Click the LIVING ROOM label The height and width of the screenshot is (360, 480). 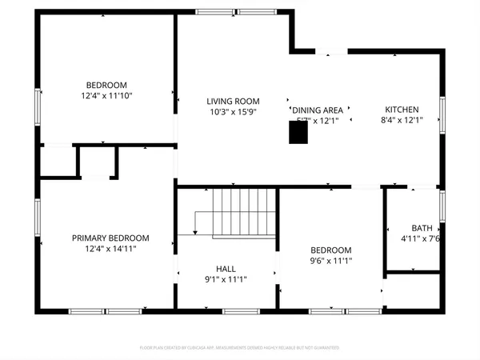234,101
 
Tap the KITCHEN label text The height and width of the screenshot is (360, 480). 401,110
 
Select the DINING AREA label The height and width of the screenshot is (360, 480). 318,110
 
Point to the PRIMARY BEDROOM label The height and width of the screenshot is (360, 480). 110,238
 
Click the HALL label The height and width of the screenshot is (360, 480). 226,269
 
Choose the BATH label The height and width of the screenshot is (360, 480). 422,227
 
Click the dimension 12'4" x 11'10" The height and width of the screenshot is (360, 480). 107,95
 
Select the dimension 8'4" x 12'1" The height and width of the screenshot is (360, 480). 401,121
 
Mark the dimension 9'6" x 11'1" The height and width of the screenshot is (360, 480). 331,261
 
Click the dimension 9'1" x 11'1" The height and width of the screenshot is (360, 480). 226,280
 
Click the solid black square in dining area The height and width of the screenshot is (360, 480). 298,132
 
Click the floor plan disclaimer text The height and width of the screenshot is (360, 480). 240,348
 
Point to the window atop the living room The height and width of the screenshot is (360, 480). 222,11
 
